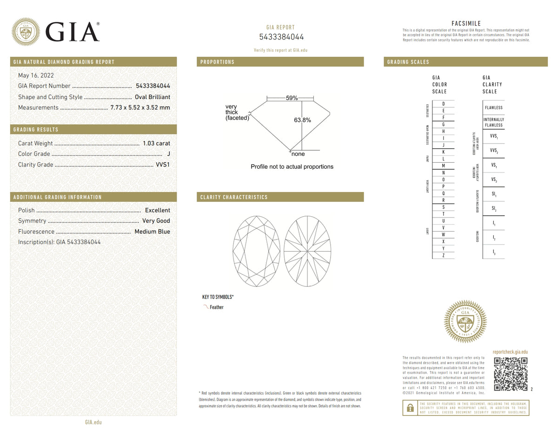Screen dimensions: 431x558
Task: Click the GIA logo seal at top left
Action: (x=26, y=32)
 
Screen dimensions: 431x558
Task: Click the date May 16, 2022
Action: (x=36, y=75)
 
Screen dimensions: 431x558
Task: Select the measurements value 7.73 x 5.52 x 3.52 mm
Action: (x=140, y=108)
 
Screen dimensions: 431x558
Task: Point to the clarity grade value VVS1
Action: (x=162, y=165)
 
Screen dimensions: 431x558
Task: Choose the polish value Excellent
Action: (x=157, y=211)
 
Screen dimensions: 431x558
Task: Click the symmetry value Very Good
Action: (x=156, y=221)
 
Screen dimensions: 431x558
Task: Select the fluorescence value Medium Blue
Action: (x=152, y=232)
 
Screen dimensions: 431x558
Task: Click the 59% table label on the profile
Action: (x=292, y=99)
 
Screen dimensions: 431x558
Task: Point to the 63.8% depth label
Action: (x=302, y=120)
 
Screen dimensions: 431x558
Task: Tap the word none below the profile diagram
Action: (x=298, y=154)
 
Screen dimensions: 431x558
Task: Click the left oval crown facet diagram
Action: (x=256, y=252)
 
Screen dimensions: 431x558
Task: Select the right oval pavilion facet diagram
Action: (x=307, y=252)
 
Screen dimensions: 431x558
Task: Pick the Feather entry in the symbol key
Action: (x=216, y=307)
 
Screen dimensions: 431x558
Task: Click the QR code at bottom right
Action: (x=511, y=374)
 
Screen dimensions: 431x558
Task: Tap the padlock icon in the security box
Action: (x=410, y=408)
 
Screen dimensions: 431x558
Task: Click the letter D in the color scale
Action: (x=443, y=104)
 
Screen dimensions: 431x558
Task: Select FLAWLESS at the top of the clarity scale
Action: (x=493, y=108)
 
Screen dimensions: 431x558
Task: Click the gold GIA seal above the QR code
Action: (x=465, y=321)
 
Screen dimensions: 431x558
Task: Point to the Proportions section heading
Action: (x=217, y=62)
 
